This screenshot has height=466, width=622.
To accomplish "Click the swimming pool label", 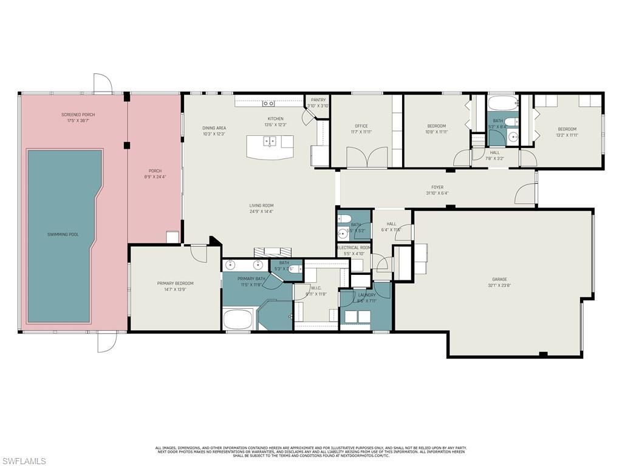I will [63, 234].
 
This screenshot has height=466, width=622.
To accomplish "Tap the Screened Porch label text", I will [78, 115].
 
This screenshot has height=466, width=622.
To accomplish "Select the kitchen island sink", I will [269, 142].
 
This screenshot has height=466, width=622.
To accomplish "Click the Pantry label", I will [318, 100].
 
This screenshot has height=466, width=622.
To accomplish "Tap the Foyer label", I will [437, 188].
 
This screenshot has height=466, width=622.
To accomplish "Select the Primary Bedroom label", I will [175, 283].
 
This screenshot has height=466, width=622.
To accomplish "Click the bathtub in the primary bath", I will [238, 319].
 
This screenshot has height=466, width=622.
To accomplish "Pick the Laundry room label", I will [367, 295].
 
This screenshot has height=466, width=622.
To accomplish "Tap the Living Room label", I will [261, 206].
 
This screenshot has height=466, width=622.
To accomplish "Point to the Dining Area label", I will [214, 128].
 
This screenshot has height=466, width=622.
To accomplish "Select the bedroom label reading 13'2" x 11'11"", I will [567, 129].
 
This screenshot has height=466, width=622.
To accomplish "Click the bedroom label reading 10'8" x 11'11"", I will [436, 126].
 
